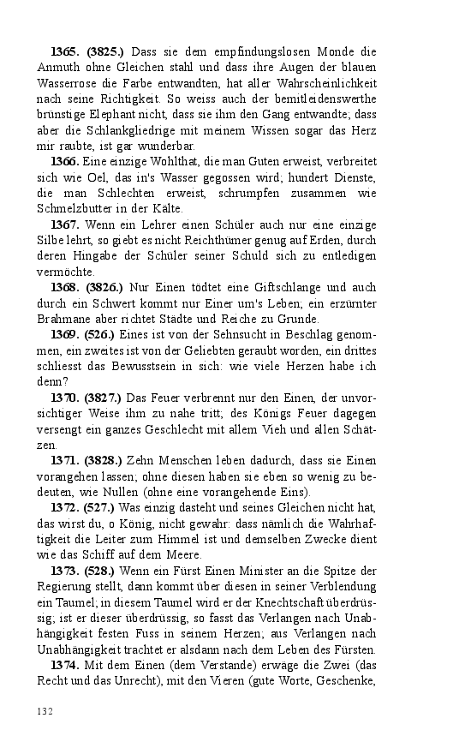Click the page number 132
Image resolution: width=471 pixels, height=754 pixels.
45,711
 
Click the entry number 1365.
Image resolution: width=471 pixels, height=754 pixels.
65,51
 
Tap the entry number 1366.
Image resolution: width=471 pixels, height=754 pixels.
66,162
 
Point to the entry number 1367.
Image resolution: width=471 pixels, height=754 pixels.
66,224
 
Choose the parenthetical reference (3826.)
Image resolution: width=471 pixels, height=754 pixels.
104,287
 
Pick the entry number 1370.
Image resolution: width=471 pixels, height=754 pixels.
66,398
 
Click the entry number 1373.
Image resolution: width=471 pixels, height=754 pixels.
66,570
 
